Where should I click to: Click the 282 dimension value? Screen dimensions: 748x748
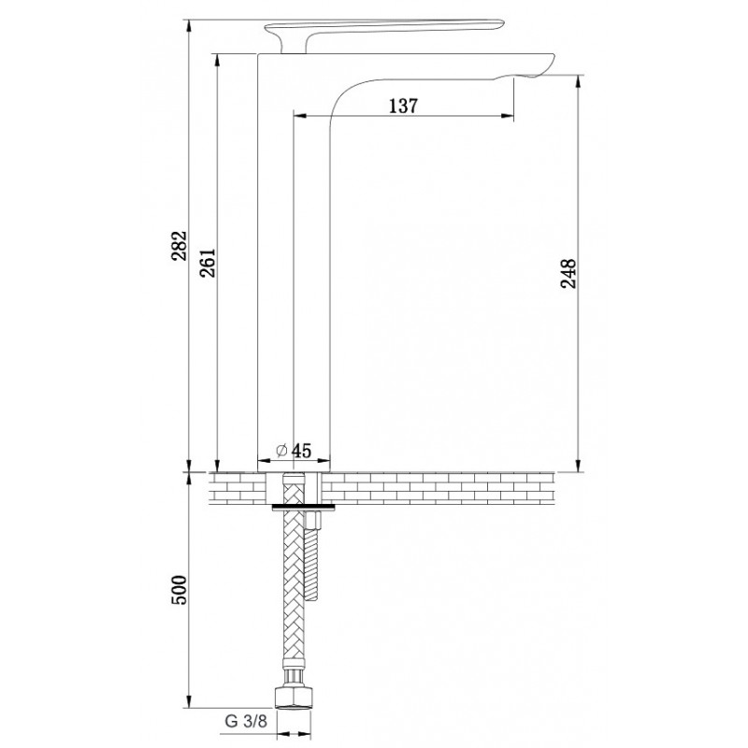[180, 246]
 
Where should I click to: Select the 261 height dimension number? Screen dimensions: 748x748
[208, 263]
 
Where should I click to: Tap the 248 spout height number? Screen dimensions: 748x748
[568, 273]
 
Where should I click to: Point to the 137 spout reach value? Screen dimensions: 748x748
[403, 106]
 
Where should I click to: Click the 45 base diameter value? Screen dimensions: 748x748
[301, 450]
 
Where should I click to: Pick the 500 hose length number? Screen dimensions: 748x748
[180, 590]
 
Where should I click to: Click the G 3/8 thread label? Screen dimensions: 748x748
[246, 721]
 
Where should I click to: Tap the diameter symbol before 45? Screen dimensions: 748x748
[281, 450]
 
